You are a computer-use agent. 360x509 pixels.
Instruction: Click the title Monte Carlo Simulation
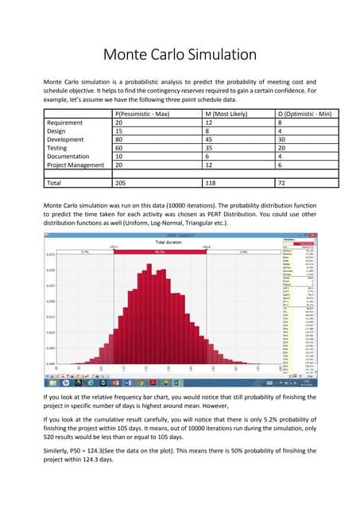(180, 55)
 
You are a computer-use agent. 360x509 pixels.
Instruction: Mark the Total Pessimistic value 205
(121, 182)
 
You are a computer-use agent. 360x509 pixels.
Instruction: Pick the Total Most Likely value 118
(210, 182)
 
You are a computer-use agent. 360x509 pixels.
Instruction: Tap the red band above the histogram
(159, 251)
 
